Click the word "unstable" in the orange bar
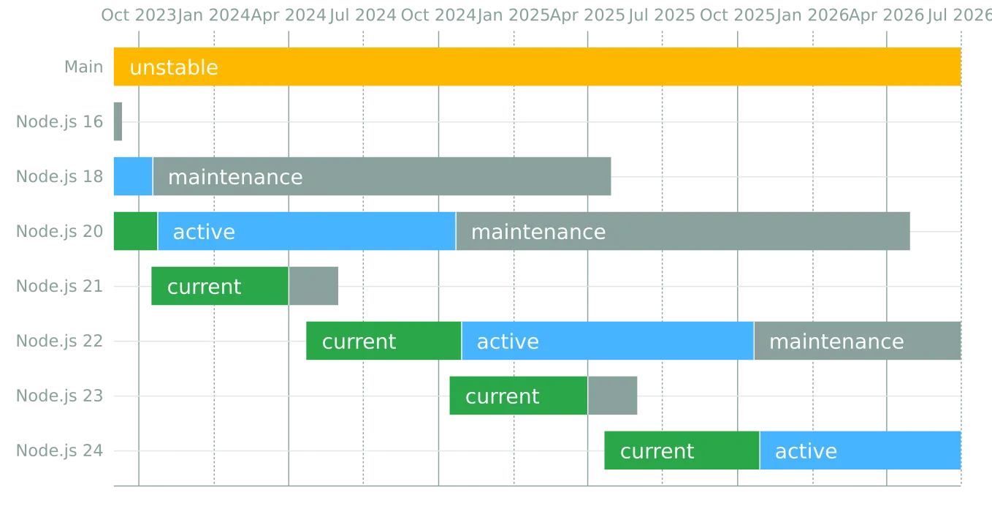(x=174, y=67)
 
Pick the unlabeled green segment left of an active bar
(x=134, y=231)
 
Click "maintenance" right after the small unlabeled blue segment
(x=235, y=177)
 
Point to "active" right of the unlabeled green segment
(x=204, y=232)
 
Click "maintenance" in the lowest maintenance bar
(x=836, y=341)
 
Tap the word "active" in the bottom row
(x=806, y=451)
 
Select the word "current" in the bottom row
(x=657, y=451)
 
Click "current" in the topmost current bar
(x=204, y=287)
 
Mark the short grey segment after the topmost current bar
(x=314, y=287)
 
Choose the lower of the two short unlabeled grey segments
(x=615, y=396)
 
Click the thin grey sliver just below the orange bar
(x=117, y=121)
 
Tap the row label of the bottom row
(x=58, y=449)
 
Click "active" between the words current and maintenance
(x=508, y=341)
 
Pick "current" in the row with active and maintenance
(x=359, y=341)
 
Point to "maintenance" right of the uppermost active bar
(x=538, y=232)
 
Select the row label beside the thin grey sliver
(x=58, y=121)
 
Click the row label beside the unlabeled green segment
(x=58, y=231)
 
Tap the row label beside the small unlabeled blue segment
(x=58, y=177)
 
